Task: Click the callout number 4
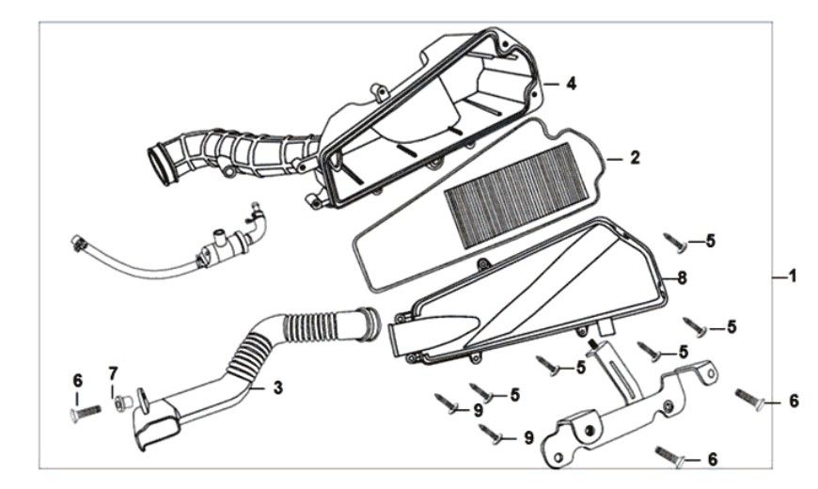tap(572, 84)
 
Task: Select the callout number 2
tap(635, 158)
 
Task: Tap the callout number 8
tap(682, 278)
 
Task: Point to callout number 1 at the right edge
tap(792, 276)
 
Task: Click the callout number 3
tap(278, 387)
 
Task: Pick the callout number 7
tap(113, 373)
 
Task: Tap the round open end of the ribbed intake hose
tap(163, 165)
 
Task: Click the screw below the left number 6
tap(85, 414)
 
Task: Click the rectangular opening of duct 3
tap(155, 431)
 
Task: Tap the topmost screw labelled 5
tap(676, 244)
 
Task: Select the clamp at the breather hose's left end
tap(77, 243)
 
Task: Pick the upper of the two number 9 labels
tap(479, 411)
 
